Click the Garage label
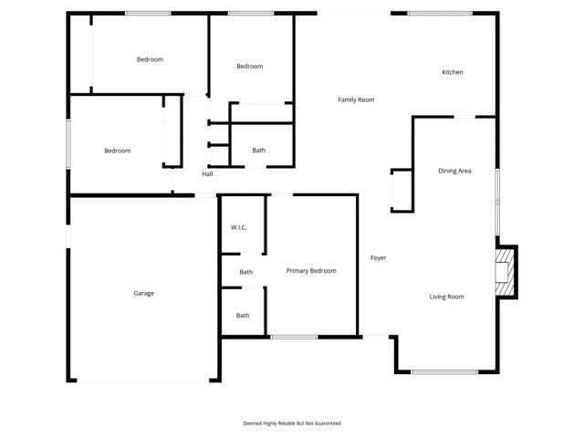[143, 293]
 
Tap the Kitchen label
[453, 72]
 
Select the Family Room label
[356, 99]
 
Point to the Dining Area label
[454, 171]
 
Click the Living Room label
[447, 297]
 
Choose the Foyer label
[378, 257]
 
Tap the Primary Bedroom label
[311, 271]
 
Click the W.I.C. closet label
[240, 226]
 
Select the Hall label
[207, 173]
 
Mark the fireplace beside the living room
[504, 271]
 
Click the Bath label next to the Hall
[259, 151]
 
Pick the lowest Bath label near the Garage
[243, 316]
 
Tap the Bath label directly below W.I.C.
[245, 272]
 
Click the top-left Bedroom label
[150, 59]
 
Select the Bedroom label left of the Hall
[117, 151]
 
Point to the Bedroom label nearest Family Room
[249, 66]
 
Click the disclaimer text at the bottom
[292, 423]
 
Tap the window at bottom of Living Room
[443, 371]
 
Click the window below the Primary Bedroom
[294, 338]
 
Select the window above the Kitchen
[439, 13]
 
